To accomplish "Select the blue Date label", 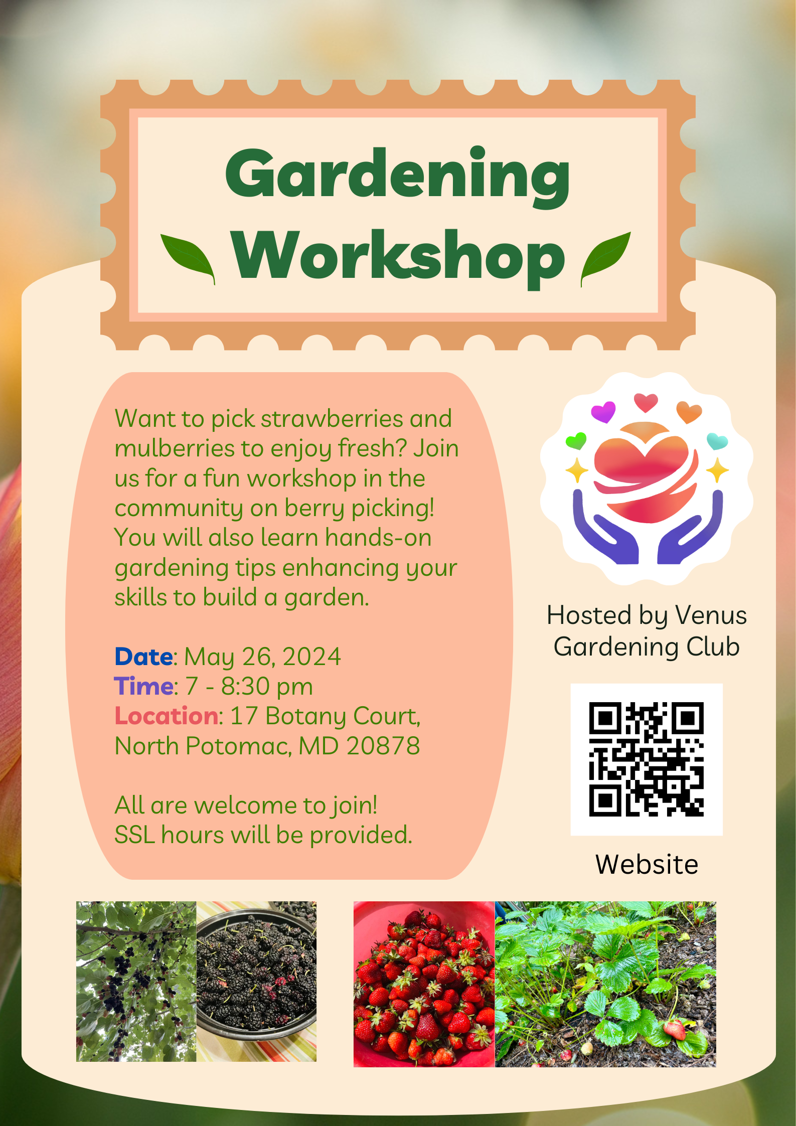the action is point(144,657).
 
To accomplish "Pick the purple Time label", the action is point(144,686).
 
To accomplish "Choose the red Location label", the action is point(167,716).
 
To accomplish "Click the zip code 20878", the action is point(383,746).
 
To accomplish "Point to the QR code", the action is point(647,759).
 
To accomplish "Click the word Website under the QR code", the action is point(647,864).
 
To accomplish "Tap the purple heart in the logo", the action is point(603,412).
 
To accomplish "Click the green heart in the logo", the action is point(576,440).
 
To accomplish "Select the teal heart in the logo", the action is point(717,441).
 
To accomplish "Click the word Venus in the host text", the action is point(711,615).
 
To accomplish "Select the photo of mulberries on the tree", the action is point(136,982).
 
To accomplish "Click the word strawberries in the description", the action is point(332,419).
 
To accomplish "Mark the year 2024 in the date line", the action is point(311,657).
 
